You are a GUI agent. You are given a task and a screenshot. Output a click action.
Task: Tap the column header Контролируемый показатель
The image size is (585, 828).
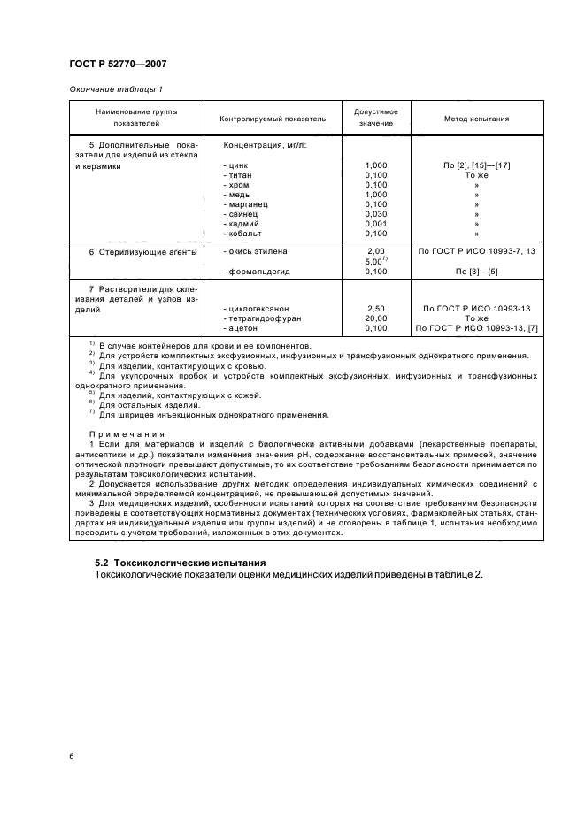click(266, 119)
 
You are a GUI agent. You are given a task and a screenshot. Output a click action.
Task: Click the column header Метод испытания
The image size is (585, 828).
click(476, 119)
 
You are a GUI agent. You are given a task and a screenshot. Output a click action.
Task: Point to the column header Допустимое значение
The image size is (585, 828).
click(375, 119)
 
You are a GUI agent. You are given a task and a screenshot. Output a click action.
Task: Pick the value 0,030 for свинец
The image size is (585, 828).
click(375, 213)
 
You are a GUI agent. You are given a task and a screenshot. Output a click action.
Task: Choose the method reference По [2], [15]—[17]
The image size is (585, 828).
click(476, 165)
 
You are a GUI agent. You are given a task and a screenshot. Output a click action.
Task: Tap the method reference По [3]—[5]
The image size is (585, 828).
click(476, 272)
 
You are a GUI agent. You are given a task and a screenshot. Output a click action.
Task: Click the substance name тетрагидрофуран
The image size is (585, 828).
click(262, 318)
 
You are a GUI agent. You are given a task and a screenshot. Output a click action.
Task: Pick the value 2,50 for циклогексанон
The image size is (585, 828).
click(375, 309)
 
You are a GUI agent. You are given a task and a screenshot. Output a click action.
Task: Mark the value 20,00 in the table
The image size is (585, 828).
click(375, 318)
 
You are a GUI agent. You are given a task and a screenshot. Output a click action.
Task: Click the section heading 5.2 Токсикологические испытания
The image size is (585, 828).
click(180, 563)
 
